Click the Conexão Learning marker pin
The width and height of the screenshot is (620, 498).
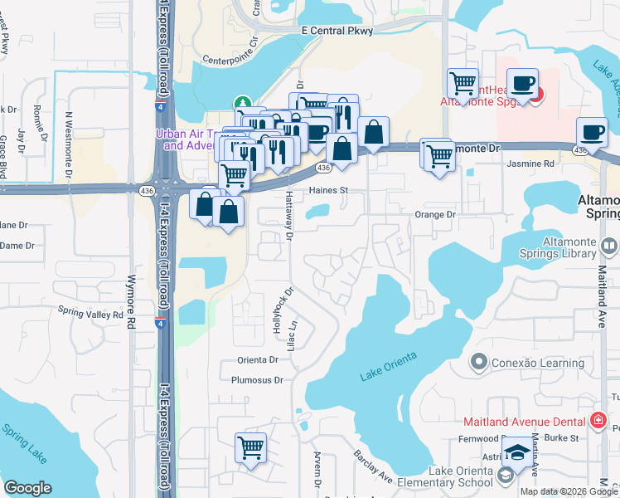(477, 361)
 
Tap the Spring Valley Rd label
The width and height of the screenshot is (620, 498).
(90, 312)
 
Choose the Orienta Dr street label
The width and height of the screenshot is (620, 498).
(257, 360)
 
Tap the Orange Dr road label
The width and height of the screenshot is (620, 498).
(435, 214)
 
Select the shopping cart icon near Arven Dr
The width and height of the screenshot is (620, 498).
(250, 447)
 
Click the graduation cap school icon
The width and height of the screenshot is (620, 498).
(518, 452)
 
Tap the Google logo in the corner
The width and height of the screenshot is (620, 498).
(27, 488)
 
